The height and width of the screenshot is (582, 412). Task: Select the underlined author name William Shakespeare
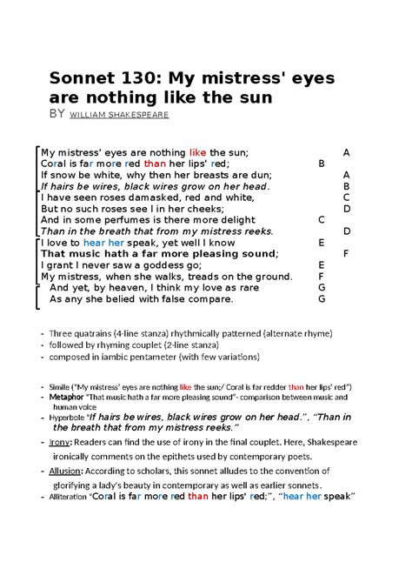tap(119, 114)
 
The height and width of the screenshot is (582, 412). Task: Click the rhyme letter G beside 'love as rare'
tap(322, 287)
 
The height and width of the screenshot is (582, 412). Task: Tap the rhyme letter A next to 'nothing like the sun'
tap(346, 151)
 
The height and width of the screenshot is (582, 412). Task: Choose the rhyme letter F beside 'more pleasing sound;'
tap(346, 253)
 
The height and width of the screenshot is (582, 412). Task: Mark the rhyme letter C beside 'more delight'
tap(322, 219)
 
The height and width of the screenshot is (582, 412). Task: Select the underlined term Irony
tap(60, 442)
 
